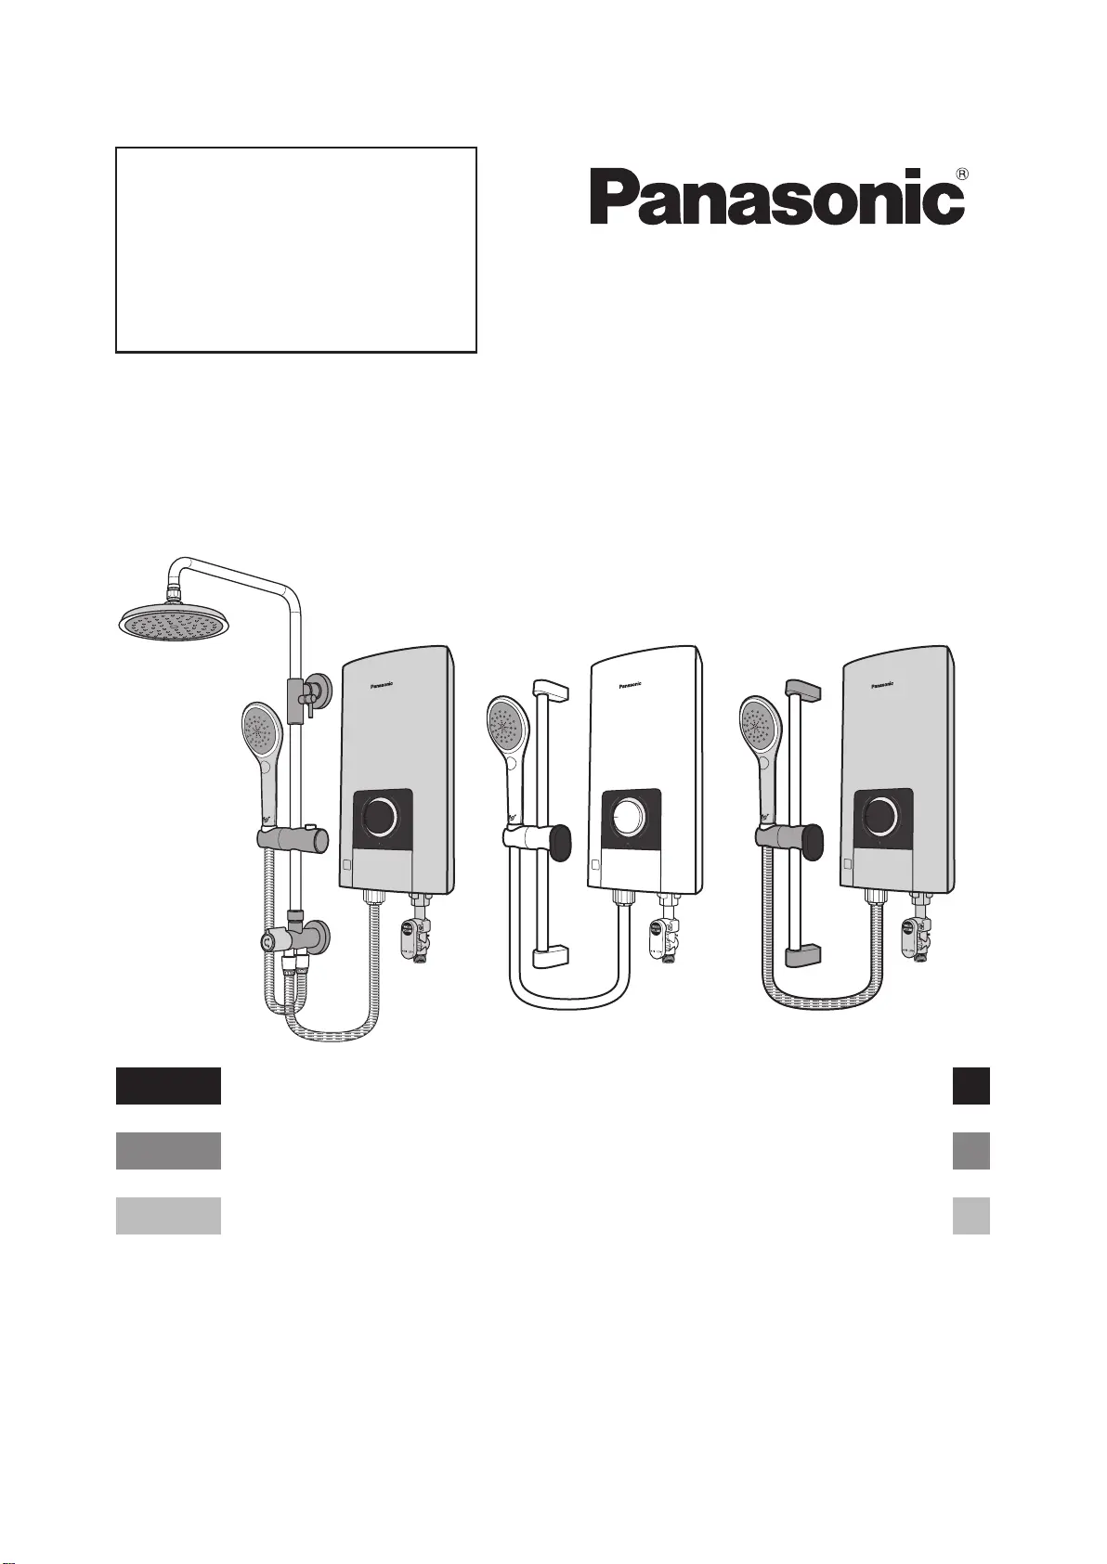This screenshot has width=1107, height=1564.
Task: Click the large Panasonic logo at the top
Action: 777,197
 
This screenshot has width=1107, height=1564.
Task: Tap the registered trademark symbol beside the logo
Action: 961,174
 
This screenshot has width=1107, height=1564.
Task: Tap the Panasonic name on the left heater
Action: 382,686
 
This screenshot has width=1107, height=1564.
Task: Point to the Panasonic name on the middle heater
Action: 630,686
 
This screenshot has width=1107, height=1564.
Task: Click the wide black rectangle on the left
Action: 168,1086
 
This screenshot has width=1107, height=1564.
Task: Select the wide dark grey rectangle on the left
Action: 168,1151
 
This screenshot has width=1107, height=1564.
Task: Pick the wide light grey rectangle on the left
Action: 168,1216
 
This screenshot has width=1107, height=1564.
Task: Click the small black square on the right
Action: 970,1086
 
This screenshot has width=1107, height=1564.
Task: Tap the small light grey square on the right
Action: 970,1216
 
